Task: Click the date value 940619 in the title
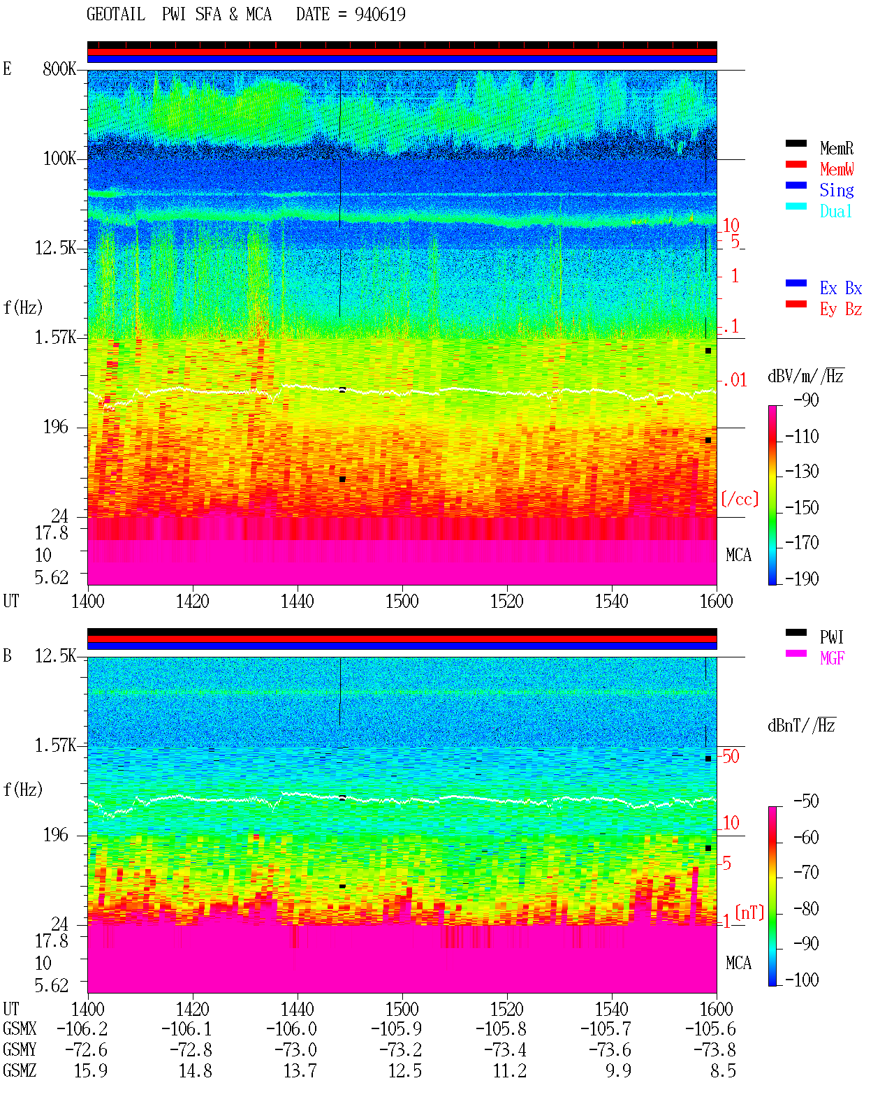click(380, 14)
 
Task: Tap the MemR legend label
click(837, 148)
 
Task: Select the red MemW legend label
click(837, 169)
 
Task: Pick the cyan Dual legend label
click(835, 211)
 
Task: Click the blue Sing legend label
click(837, 190)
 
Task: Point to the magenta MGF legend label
click(832, 658)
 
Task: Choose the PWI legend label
click(831, 636)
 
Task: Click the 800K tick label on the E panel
click(59, 68)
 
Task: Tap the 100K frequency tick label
click(59, 159)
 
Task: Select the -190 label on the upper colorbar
click(802, 579)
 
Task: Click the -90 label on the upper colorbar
click(806, 400)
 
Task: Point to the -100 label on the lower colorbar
click(802, 980)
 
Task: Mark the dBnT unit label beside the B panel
click(801, 725)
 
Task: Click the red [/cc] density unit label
click(740, 499)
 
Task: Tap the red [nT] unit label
click(749, 912)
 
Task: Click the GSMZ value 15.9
click(91, 1070)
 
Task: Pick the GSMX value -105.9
click(397, 1028)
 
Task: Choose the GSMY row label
click(20, 1049)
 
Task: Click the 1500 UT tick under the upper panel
click(402, 601)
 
